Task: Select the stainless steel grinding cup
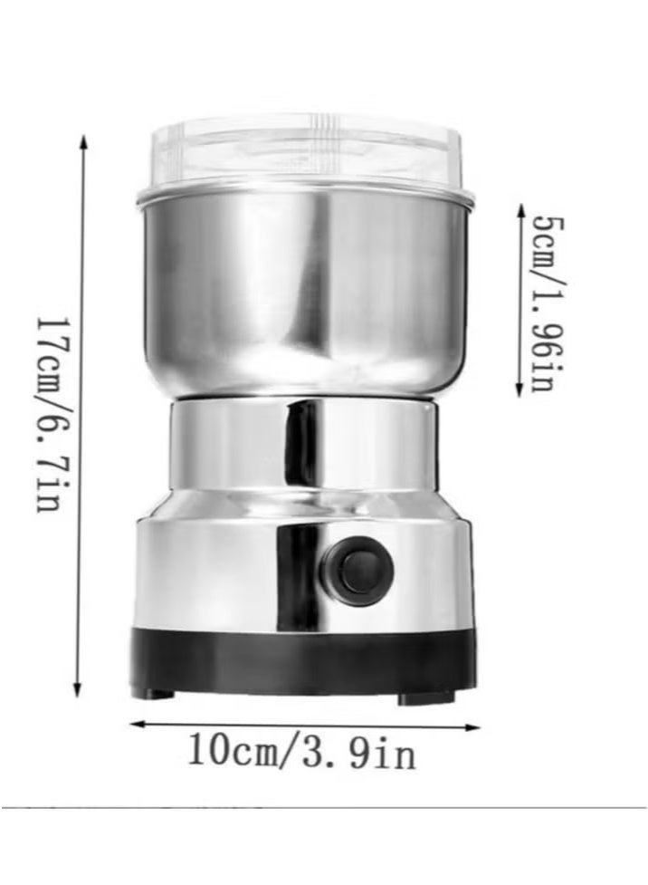coord(305,291)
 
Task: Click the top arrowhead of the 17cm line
coord(83,141)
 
